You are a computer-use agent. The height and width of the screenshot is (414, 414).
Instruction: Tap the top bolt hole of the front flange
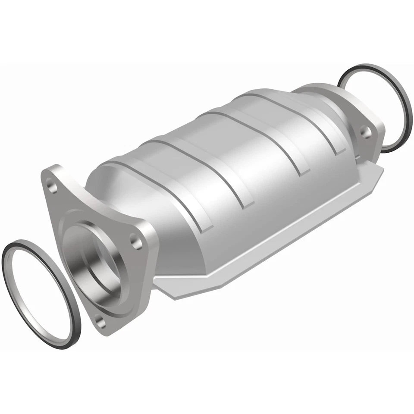click(x=53, y=187)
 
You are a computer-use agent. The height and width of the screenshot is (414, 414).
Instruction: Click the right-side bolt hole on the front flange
click(x=137, y=242)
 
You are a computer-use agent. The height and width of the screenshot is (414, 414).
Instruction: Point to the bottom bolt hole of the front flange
click(x=100, y=321)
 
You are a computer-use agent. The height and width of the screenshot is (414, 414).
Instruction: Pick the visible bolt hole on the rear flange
click(x=365, y=131)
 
